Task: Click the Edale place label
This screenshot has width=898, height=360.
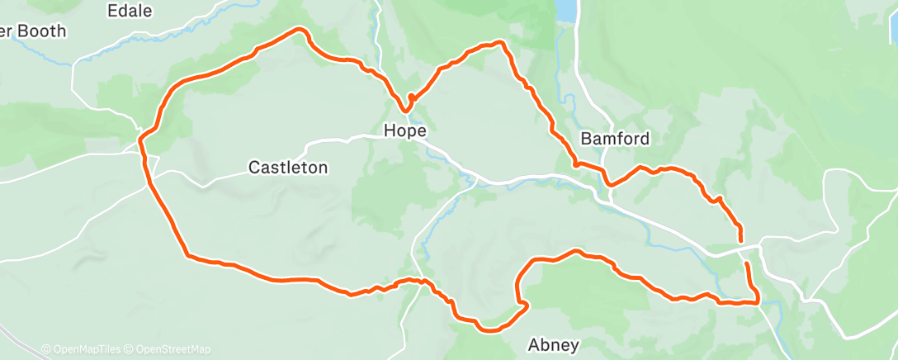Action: coord(130,11)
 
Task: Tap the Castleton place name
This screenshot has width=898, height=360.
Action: coord(288,168)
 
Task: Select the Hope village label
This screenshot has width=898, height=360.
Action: coord(404,131)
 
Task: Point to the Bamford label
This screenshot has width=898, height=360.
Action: coord(615,139)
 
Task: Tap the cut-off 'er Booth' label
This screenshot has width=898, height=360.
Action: coord(33,31)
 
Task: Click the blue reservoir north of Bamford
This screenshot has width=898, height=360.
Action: coord(566,10)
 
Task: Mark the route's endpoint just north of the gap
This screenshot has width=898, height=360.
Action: coord(740,240)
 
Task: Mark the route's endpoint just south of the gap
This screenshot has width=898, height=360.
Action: coord(747,263)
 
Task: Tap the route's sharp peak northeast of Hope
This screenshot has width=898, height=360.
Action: coord(499,42)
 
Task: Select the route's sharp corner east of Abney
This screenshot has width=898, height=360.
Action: coord(756,302)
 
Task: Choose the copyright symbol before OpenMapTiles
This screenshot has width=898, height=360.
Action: coord(45,349)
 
